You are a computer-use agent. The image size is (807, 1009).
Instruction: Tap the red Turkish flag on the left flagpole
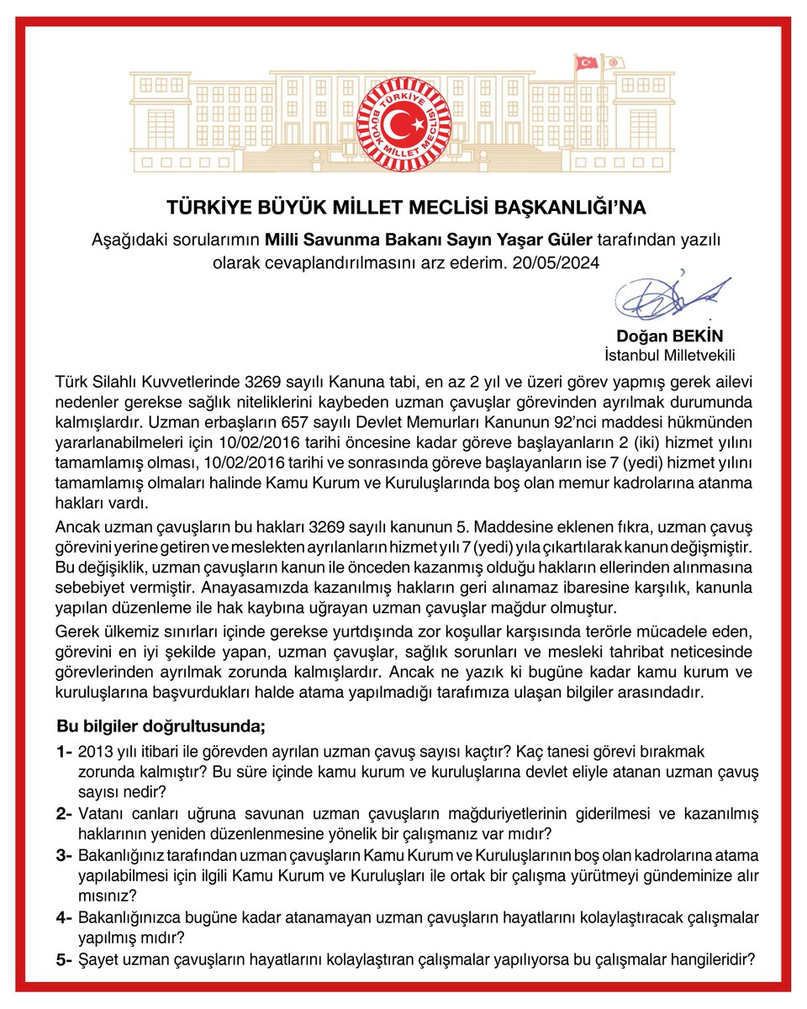pyautogui.click(x=585, y=62)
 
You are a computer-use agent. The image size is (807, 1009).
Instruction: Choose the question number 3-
pyautogui.click(x=64, y=855)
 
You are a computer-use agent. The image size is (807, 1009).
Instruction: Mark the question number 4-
pyautogui.click(x=64, y=917)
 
